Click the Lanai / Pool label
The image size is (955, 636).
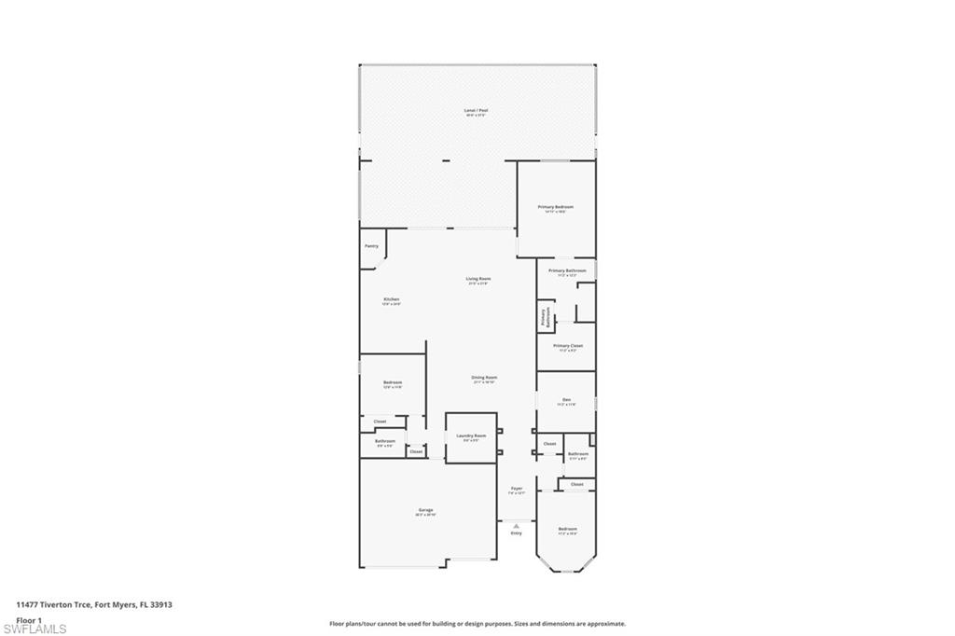477,110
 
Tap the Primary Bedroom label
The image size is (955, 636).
555,207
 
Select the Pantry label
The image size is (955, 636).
371,246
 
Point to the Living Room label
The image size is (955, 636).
478,279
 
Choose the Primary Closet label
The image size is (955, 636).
567,345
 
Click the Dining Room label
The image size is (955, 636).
484,378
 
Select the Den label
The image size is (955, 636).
566,399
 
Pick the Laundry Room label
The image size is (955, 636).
471,436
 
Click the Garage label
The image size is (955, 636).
425,510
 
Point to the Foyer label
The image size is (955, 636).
516,489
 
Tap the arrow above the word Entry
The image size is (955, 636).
516,526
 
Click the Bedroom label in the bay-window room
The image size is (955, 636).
567,529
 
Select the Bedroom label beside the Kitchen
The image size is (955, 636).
393,382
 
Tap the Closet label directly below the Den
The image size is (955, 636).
549,444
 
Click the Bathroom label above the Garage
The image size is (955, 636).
385,441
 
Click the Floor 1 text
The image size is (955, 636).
29,619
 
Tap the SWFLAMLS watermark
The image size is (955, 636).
35,629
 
